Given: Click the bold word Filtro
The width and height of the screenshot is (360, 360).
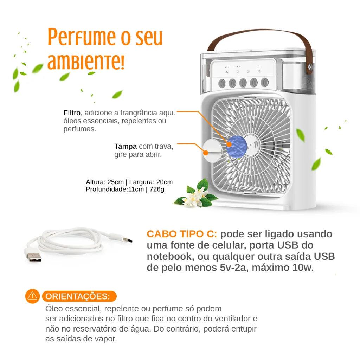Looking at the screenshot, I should (72, 113).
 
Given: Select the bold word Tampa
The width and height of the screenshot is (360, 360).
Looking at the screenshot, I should (126, 146).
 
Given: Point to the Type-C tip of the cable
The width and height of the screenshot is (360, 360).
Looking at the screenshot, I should (127, 241).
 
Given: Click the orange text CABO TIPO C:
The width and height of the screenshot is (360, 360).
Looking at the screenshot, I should (182, 234).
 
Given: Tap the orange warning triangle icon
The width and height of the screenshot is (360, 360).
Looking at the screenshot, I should (32, 296).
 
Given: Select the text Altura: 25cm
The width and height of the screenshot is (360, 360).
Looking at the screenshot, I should (105, 182).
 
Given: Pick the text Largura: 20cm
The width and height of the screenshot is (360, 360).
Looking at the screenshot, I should (151, 182).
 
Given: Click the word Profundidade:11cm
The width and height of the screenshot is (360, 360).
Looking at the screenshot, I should (115, 189).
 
